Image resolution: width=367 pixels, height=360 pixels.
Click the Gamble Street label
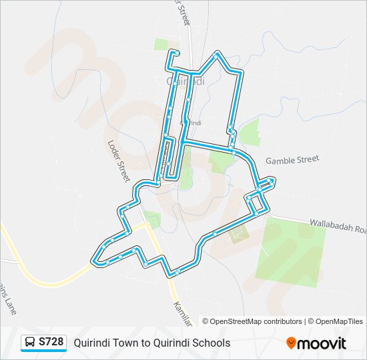pyautogui.click(x=292, y=160)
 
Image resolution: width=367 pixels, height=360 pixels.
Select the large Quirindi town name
pyautogui.click(x=185, y=81)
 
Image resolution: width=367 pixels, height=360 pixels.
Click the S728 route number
pyautogui.click(x=51, y=343)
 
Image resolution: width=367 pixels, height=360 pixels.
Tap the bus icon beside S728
pyautogui.click(x=30, y=343)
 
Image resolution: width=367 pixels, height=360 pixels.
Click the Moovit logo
pyautogui.click(x=316, y=343)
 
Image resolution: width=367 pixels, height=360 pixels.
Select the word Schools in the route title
pyautogui.click(x=210, y=343)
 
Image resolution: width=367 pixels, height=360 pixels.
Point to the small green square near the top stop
pyautogui.click(x=161, y=45)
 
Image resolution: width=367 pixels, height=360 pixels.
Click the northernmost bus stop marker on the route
pyautogui.click(x=176, y=52)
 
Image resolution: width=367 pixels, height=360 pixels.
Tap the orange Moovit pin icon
pyautogui.click(x=292, y=343)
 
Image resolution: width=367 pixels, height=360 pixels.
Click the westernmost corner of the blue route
pyautogui.click(x=92, y=256)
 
